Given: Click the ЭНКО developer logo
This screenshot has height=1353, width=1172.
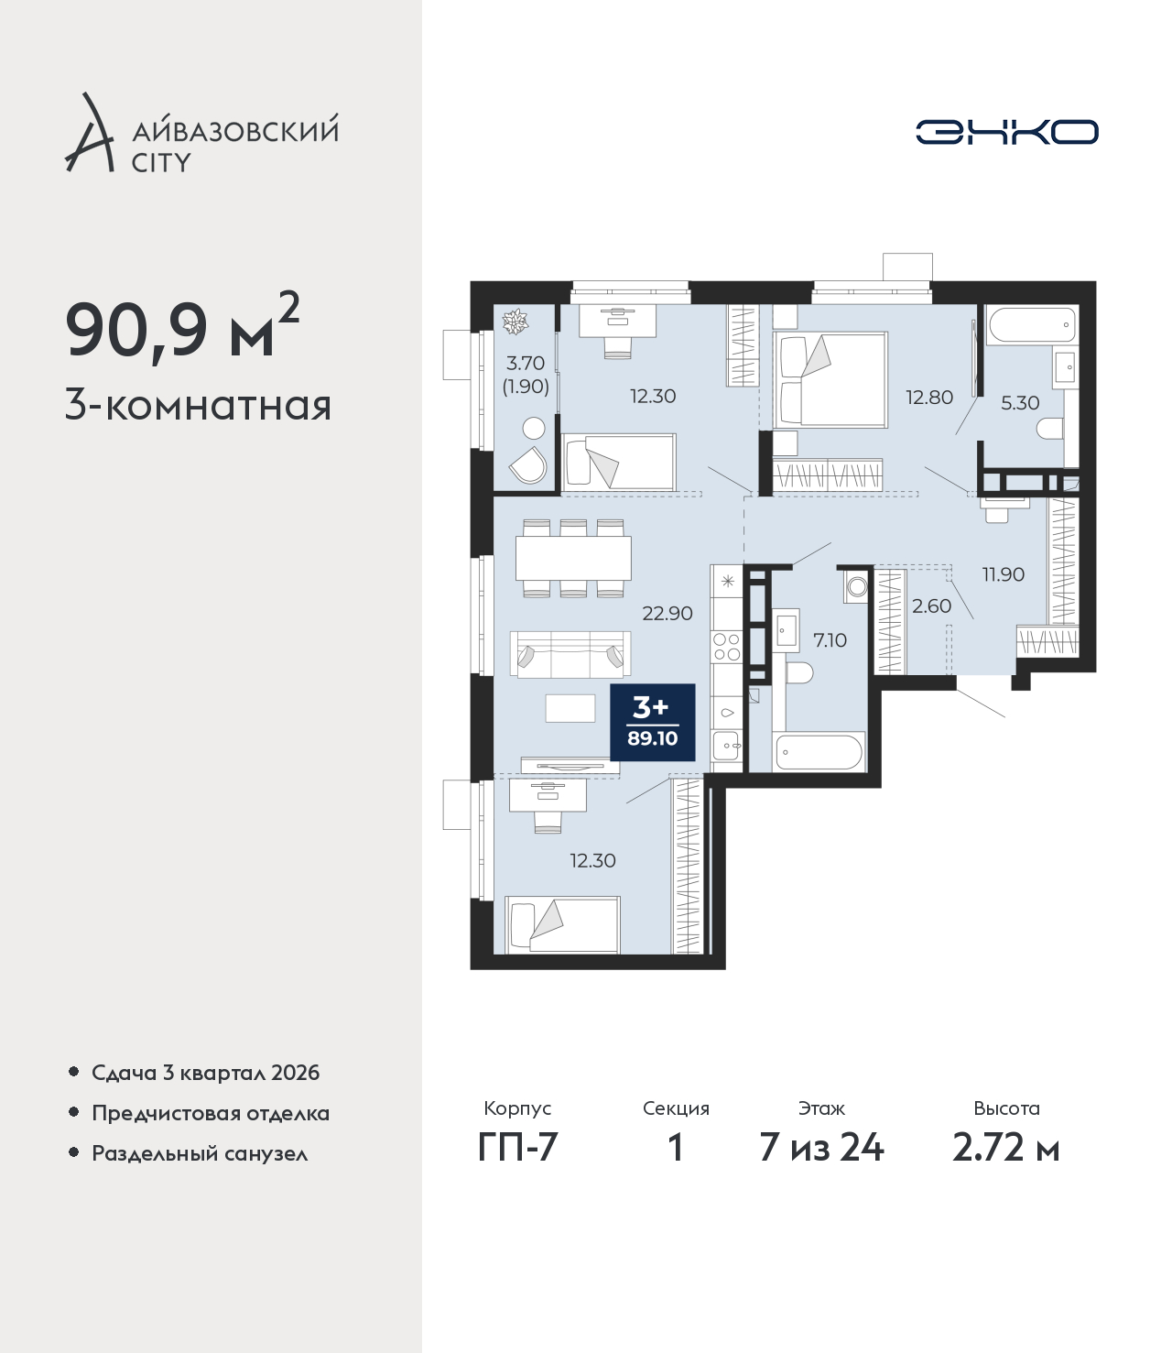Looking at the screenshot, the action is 1006,132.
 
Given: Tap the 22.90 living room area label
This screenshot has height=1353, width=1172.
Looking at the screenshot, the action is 667,614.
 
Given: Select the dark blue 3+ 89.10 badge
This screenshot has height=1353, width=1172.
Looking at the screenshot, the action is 653,722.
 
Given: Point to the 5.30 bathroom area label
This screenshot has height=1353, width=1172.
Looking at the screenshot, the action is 1020,402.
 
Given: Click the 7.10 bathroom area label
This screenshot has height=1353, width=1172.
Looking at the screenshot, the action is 830,639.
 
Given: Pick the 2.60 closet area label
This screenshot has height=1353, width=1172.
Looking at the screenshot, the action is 931,606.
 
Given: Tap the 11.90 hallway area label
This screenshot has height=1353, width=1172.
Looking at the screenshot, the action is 1004,574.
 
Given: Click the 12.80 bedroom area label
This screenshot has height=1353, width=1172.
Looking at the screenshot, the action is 929,398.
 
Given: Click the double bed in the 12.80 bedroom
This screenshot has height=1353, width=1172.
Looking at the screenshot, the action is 830,380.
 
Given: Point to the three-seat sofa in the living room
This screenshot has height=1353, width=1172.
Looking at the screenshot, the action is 570,655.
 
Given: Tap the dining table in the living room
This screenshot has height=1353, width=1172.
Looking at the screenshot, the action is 573,559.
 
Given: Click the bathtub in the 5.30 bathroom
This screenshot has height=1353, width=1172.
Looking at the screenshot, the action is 1033,325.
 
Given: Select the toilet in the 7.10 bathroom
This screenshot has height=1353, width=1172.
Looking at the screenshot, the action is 798,672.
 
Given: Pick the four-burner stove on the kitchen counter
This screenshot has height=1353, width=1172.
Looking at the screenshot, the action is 726,647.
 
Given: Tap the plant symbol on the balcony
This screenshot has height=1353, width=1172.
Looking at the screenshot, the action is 515,322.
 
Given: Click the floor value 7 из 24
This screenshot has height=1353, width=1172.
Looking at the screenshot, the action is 821,1148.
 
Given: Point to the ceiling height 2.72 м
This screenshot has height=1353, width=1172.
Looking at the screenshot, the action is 1005,1148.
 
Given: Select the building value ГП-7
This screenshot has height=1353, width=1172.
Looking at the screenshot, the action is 517,1148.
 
